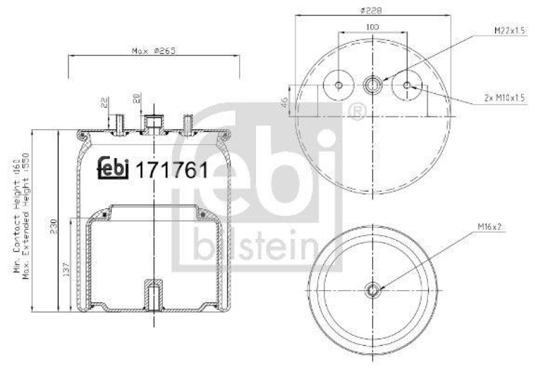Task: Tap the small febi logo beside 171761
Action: click(114, 169)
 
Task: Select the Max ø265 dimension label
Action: click(153, 51)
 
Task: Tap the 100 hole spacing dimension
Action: click(373, 27)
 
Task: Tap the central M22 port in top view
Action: click(373, 85)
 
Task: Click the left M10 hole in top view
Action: click(338, 85)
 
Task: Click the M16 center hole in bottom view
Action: click(373, 290)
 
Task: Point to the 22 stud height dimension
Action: click(104, 102)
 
